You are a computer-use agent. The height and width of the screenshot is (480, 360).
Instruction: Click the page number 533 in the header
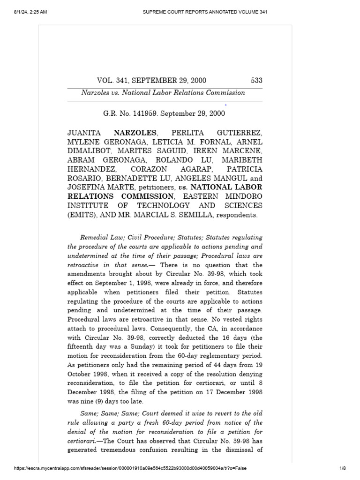(x=256, y=81)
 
